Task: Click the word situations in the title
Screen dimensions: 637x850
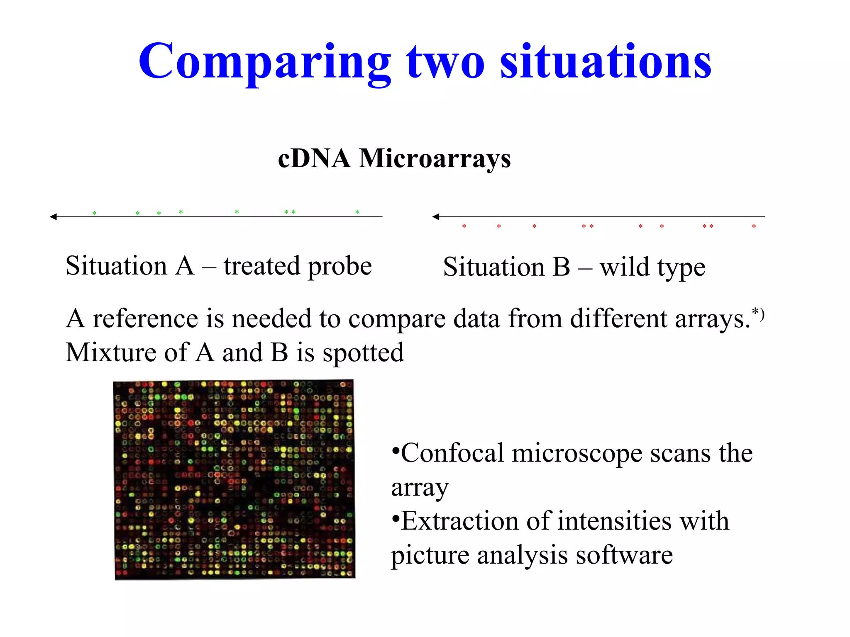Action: pos(606,62)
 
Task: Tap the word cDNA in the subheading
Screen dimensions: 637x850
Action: pos(314,158)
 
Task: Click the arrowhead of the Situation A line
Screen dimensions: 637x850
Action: pos(53,216)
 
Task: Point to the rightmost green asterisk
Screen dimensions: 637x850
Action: pos(357,212)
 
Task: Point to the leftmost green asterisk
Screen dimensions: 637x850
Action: pos(94,214)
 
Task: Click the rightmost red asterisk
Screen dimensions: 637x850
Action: pos(754,226)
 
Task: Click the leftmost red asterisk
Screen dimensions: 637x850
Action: pos(464,226)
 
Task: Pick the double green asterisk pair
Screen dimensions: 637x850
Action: pos(290,212)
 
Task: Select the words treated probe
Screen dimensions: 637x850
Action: pos(298,266)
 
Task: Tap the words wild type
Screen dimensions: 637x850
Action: pos(652,267)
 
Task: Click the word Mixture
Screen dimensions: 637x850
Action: pos(110,353)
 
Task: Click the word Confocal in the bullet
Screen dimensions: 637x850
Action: pos(452,453)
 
